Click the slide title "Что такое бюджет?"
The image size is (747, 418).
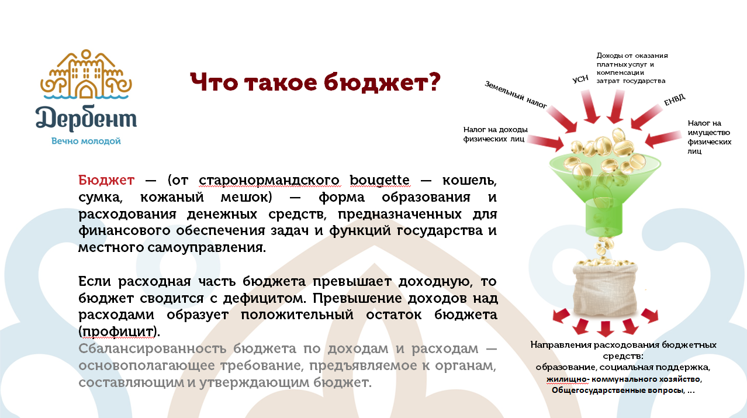[x=315, y=83]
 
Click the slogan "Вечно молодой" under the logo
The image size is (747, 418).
[x=86, y=141]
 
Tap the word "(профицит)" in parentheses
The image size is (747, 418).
[x=119, y=331]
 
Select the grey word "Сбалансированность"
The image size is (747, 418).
[x=153, y=350]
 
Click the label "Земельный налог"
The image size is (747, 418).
[x=516, y=95]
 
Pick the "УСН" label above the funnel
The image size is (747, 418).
[x=579, y=79]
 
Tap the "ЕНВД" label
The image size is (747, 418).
[x=674, y=100]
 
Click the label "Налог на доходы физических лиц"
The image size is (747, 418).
[x=495, y=134]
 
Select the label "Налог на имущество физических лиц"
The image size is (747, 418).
[x=709, y=137]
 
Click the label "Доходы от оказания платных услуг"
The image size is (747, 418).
[x=631, y=68]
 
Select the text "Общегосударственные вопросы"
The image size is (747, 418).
[x=618, y=390]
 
